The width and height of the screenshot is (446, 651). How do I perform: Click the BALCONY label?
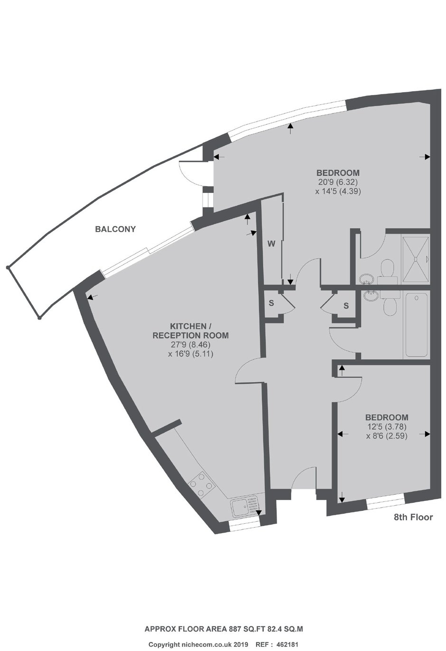pyautogui.click(x=115, y=229)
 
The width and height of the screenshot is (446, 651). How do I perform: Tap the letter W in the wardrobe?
pyautogui.click(x=271, y=244)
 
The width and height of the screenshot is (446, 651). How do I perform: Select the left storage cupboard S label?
pyautogui.click(x=271, y=303)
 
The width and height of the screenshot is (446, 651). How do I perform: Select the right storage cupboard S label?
pyautogui.click(x=346, y=306)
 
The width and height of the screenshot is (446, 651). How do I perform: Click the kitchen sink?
pyautogui.click(x=245, y=508)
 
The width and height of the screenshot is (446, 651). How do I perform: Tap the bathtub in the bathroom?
pyautogui.click(x=417, y=325)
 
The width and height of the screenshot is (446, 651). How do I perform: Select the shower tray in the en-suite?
pyautogui.click(x=416, y=259)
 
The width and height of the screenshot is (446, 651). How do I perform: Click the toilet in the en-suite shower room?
pyautogui.click(x=387, y=271)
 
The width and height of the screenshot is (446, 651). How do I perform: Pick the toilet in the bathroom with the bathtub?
pyautogui.click(x=390, y=302)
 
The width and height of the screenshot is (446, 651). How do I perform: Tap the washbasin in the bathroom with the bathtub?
pyautogui.click(x=371, y=295)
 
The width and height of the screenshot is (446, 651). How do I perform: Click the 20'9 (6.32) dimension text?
pyautogui.click(x=338, y=182)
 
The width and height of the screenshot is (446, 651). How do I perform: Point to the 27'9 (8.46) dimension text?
pyautogui.click(x=190, y=345)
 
